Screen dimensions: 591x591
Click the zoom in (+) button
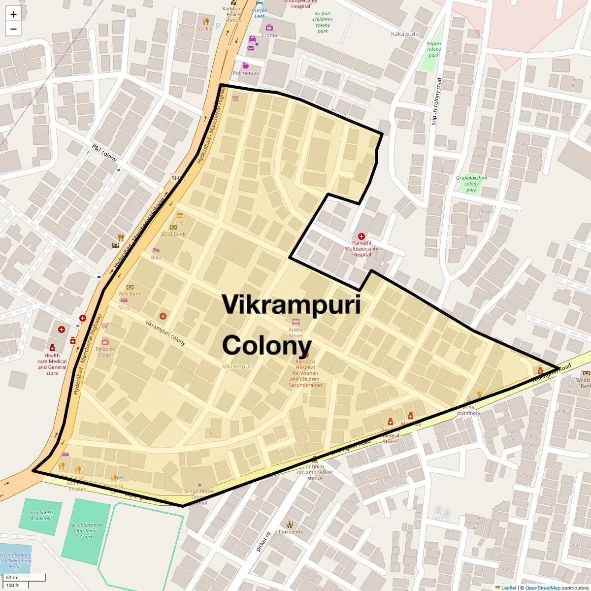point(13,14)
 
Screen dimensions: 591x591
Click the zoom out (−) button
point(13,29)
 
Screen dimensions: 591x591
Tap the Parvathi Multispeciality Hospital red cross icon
point(361,237)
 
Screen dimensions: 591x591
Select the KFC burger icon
point(180,216)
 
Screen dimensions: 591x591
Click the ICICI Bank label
point(173,234)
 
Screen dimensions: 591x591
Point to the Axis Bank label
point(130,294)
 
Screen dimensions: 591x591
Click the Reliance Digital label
point(105,352)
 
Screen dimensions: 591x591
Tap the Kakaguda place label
point(404,34)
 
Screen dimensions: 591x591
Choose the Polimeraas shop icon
point(245,66)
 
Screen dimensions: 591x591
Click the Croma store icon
point(269,28)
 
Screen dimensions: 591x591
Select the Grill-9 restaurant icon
point(205,22)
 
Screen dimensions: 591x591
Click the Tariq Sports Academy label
point(40,515)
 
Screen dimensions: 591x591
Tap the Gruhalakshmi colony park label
point(471,184)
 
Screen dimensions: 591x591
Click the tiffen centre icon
point(290,524)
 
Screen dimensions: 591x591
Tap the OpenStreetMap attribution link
point(542,588)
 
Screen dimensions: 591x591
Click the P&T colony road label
point(104,153)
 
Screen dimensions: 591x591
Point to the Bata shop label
point(156,258)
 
